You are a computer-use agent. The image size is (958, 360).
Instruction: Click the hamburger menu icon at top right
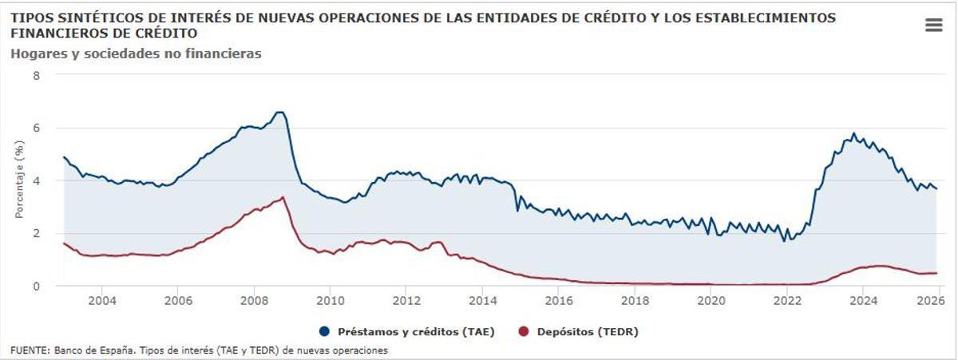[x=933, y=26]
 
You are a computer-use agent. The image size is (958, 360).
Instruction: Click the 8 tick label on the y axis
[x=36, y=75]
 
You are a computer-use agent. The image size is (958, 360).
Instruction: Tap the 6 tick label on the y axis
[x=36, y=128]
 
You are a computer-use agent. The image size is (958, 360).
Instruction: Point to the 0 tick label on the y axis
[x=36, y=286]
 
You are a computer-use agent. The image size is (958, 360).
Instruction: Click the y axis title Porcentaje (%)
[x=19, y=180]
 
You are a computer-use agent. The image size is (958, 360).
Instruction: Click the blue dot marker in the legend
[x=324, y=330]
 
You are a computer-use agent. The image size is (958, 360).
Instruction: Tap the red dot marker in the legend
[x=525, y=330]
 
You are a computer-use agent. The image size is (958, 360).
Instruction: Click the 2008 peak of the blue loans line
[x=279, y=113]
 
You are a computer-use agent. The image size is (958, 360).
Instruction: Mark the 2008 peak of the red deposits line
[x=283, y=197]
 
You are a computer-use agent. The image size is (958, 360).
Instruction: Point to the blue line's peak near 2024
[x=853, y=133]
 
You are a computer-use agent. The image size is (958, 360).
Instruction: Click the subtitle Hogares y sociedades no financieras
[x=137, y=53]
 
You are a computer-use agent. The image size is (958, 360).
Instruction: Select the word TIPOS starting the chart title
[x=29, y=17]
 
